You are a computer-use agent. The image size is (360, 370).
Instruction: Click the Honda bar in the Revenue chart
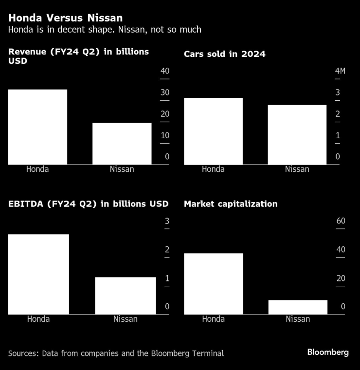37,127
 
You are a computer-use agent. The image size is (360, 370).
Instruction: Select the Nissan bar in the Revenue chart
122,143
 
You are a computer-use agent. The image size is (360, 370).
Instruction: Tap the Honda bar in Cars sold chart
213,131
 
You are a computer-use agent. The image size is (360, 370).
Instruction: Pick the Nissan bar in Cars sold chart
297,134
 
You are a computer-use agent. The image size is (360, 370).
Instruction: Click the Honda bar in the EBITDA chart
38,274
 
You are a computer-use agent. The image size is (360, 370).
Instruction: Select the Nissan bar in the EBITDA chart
126,296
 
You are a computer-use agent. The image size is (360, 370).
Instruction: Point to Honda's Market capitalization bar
213,283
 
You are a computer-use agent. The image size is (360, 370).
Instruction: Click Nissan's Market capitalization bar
298,307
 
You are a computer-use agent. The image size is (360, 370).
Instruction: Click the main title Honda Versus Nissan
65,18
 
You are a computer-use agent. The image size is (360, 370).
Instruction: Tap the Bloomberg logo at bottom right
328,352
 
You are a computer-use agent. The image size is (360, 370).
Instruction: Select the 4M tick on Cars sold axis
340,71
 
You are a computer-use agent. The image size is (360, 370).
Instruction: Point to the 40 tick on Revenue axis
165,71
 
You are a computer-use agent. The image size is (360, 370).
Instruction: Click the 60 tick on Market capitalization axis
341,221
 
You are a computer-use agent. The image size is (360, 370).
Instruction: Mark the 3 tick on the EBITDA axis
167,222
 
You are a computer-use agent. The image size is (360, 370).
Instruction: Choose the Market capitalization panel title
231,204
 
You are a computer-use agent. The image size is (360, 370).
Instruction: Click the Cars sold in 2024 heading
225,54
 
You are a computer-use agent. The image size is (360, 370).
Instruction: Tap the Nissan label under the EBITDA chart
126,319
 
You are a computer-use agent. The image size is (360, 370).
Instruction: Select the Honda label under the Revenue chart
37,169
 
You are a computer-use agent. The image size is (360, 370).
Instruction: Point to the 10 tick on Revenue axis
165,135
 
